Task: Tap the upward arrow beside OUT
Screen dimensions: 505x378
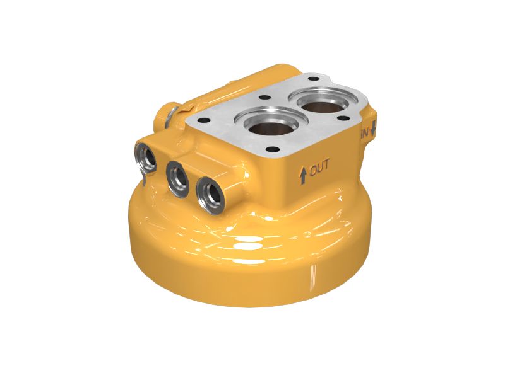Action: (303, 176)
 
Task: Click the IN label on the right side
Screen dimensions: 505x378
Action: (365, 133)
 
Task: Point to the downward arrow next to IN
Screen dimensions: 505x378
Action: (373, 129)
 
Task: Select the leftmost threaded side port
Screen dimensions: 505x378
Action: (145, 158)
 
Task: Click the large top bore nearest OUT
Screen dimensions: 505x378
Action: (271, 123)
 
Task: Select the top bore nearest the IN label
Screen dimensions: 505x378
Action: (322, 102)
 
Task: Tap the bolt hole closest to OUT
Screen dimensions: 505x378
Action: (273, 149)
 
